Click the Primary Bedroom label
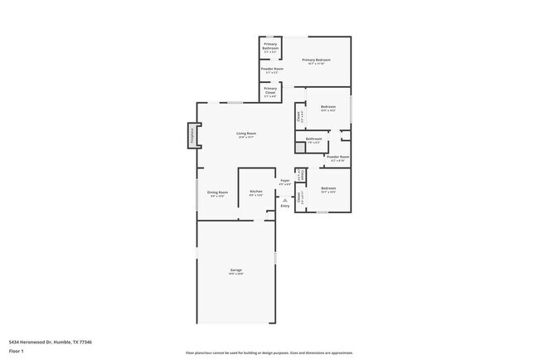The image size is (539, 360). pos(316,60)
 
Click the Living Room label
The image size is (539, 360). pos(245,133)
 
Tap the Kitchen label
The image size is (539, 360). pos(256,192)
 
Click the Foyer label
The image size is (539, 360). pos(284,180)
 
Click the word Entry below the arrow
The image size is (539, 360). pos(284,206)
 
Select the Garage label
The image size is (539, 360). pos(236,270)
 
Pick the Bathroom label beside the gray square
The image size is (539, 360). pos(313,139)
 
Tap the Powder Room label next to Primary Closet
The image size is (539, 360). pos(272,69)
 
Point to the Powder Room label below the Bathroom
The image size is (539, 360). pos(337,156)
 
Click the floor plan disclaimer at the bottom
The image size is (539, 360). pos(269,353)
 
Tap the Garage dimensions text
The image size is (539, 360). pos(236,275)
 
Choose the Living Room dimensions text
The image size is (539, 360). pos(245,137)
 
